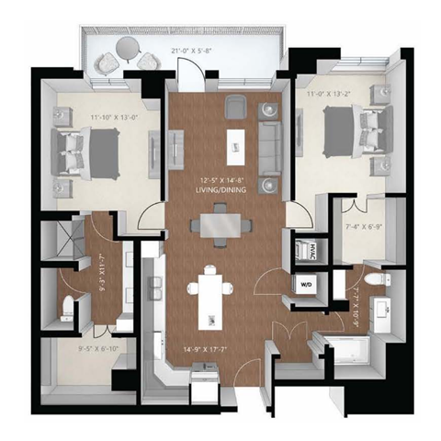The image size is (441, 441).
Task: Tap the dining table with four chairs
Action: [220, 224]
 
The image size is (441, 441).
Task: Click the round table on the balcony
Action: [128, 62]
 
